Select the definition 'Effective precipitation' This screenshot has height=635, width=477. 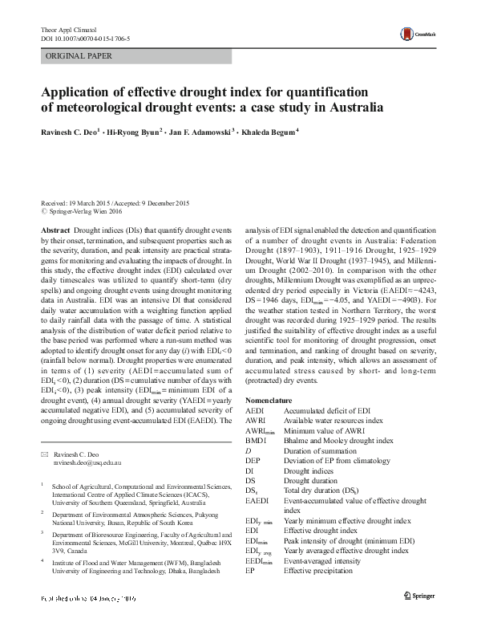tap(318, 571)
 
